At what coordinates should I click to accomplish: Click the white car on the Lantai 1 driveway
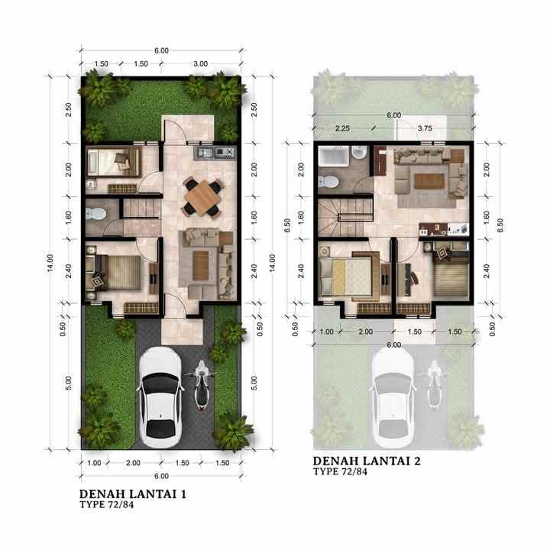tap(162, 396)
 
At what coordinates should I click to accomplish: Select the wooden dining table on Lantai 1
tap(202, 196)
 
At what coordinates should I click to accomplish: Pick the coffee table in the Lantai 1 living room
tap(201, 264)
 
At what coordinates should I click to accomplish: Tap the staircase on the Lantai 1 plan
tap(141, 207)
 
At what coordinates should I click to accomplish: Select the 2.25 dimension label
tap(341, 129)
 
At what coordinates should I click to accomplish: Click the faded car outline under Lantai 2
tap(394, 396)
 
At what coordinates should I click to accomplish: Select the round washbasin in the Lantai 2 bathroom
tap(357, 157)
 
